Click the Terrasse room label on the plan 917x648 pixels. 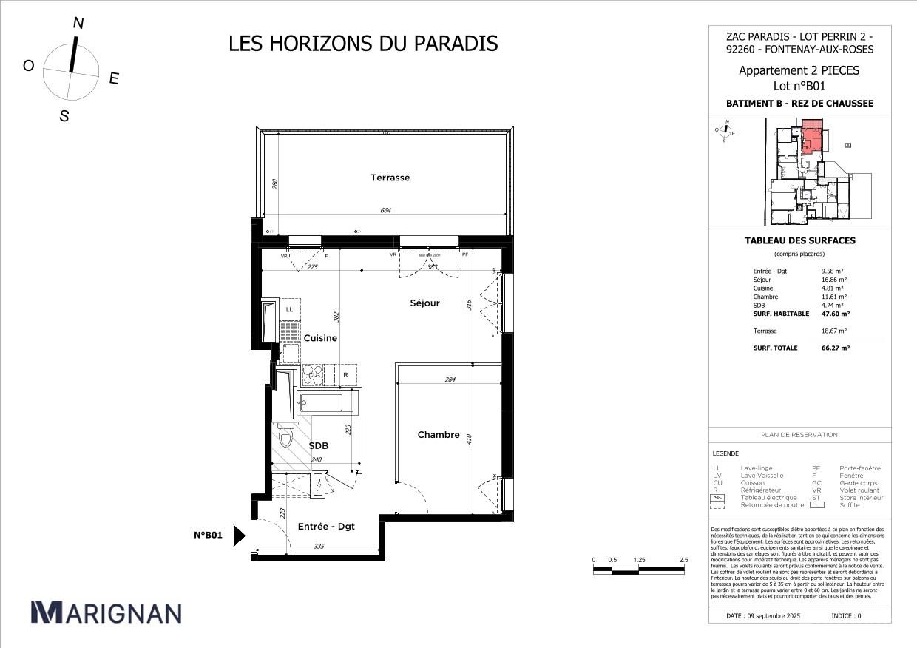click(390, 178)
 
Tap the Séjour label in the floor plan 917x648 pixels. click(425, 303)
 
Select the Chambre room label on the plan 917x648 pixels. click(439, 435)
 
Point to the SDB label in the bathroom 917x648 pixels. click(318, 446)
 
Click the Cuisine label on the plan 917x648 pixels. click(320, 338)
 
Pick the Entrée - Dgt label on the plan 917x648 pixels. click(326, 527)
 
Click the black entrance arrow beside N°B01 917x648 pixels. click(239, 536)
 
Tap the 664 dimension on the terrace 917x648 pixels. click(385, 211)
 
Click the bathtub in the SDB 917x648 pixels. click(326, 403)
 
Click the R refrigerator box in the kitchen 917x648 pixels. click(345, 375)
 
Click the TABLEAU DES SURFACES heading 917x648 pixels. click(799, 240)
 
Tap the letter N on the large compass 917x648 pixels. click(78, 24)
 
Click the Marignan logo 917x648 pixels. click(106, 612)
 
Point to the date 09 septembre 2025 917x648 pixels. click(764, 615)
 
